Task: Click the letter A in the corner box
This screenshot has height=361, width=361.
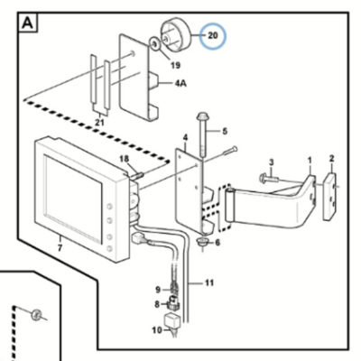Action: coord(28,23)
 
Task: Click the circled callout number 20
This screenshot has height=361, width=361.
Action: coord(213,35)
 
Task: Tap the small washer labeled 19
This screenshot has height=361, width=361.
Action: coord(154,44)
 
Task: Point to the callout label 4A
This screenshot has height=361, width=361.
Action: coord(180,83)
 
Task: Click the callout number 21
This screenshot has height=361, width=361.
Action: coord(99,123)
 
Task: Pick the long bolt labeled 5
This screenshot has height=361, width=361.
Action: coord(202,134)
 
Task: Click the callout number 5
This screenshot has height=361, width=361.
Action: coord(225,132)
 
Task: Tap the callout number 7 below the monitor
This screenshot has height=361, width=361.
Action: coord(60,248)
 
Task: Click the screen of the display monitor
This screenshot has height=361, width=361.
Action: coord(73,199)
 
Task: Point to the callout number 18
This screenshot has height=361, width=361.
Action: coord(124,159)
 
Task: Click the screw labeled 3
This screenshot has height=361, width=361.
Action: coord(268,179)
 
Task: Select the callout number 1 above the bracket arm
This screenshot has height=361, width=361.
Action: coord(310,161)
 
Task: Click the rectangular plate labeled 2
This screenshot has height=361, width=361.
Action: coord(330,196)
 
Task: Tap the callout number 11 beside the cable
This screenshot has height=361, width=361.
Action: coord(209,282)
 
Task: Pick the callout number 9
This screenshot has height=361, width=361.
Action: coord(158,290)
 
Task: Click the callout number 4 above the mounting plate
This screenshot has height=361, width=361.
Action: coord(185,138)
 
